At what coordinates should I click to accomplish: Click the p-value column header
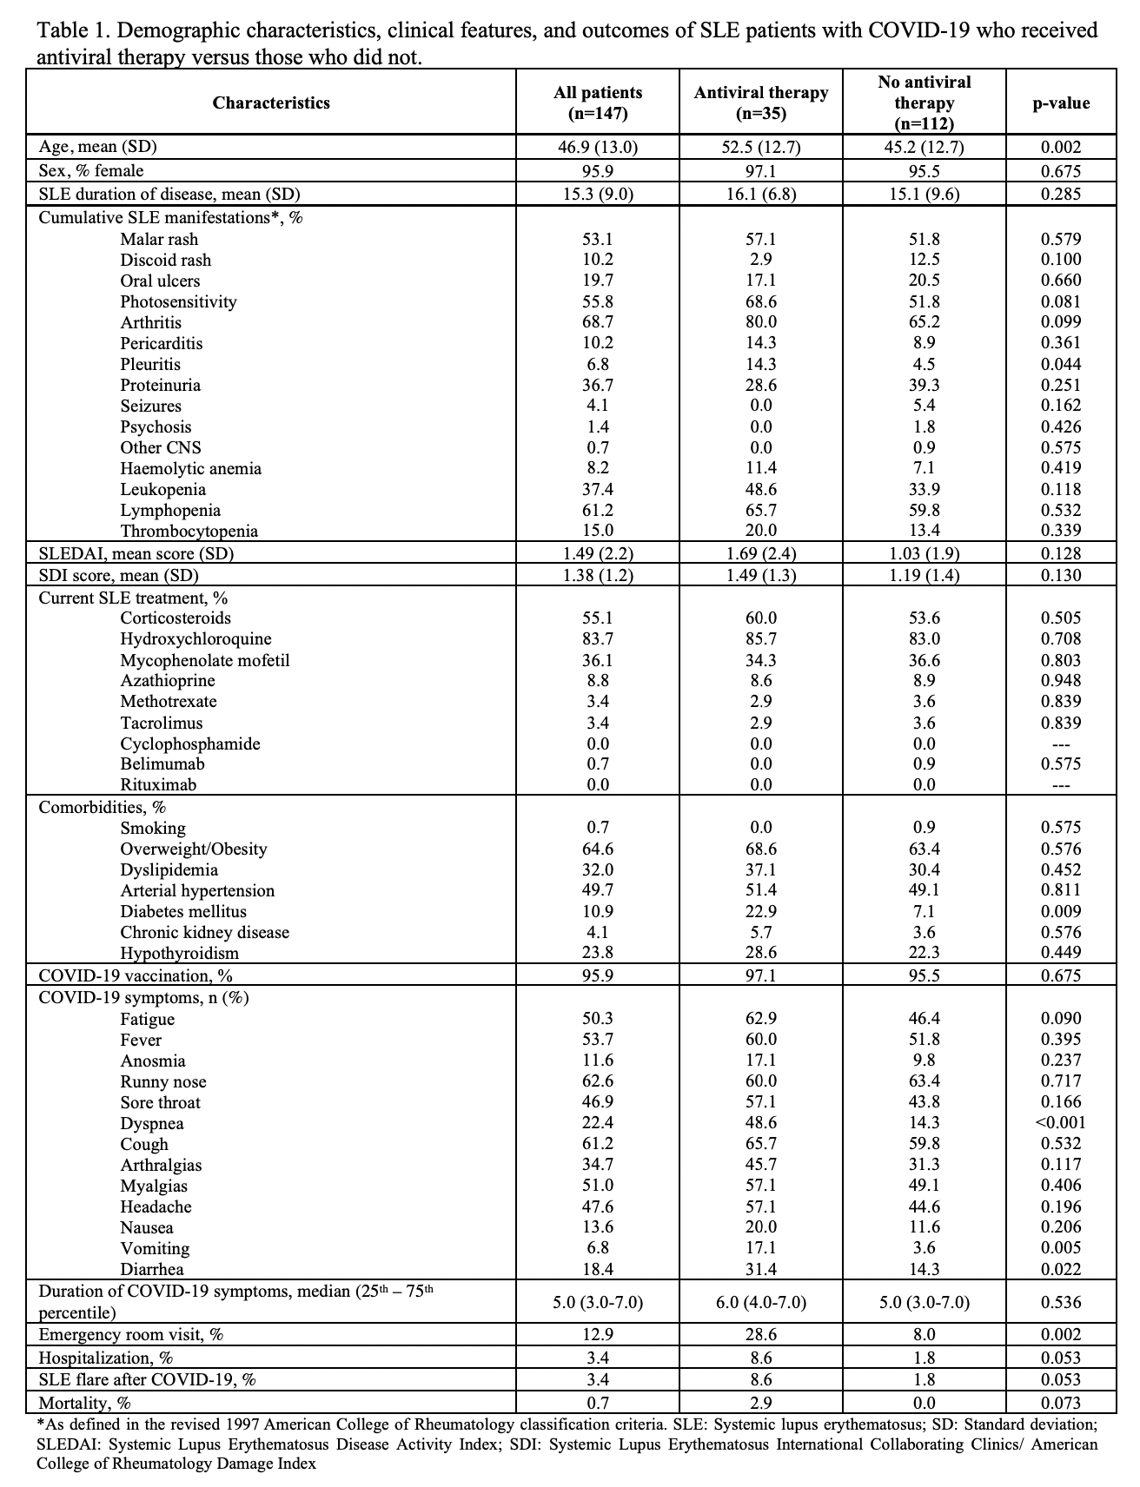(x=1061, y=102)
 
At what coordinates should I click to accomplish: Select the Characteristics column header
(x=271, y=102)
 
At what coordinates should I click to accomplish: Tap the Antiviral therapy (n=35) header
(x=761, y=102)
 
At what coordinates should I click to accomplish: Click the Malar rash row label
(x=159, y=239)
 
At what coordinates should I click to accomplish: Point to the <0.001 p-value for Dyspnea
(x=1061, y=1122)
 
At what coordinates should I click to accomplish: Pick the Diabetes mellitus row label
(x=183, y=911)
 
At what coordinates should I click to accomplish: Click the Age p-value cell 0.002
(x=1061, y=147)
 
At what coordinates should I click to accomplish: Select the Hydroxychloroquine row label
(x=196, y=639)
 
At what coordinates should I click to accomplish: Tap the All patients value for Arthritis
(x=598, y=322)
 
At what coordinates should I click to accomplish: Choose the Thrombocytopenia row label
(x=189, y=531)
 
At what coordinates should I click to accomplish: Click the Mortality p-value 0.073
(x=1061, y=1402)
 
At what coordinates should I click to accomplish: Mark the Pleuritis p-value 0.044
(x=1061, y=364)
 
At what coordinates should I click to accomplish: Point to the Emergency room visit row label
(x=130, y=1334)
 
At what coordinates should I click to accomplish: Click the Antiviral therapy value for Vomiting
(x=761, y=1248)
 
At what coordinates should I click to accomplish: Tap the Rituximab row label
(x=158, y=785)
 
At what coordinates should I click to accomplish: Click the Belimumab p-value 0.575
(x=1061, y=764)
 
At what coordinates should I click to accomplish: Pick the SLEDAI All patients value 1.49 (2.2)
(x=598, y=553)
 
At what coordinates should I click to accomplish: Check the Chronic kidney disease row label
(x=205, y=932)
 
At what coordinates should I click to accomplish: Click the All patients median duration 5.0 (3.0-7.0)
(x=598, y=1302)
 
